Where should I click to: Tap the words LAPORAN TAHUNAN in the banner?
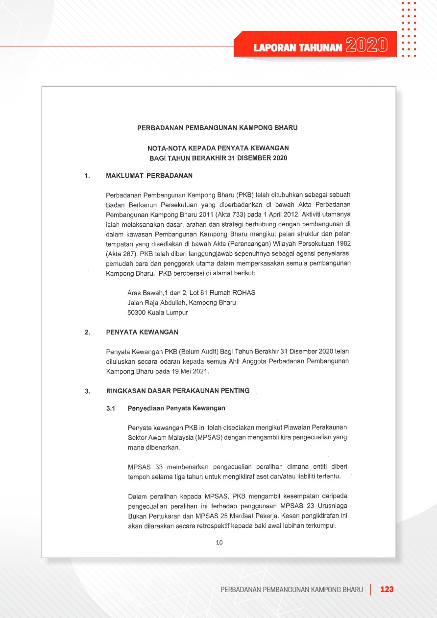[x=298, y=47]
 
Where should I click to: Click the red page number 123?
[x=387, y=589]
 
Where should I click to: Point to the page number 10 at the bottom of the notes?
[x=219, y=542]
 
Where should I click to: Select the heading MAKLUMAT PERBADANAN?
[x=149, y=176]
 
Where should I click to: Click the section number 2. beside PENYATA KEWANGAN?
[x=87, y=333]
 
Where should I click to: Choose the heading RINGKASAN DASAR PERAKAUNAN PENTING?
[x=178, y=391]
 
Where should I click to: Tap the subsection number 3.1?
[x=111, y=408]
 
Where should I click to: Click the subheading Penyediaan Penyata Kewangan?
[x=176, y=408]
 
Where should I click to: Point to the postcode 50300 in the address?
[x=137, y=312]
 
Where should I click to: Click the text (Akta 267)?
[x=121, y=254]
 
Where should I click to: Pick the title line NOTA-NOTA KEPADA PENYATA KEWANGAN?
[x=218, y=147]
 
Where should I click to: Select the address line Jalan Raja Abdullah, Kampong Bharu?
[x=181, y=303]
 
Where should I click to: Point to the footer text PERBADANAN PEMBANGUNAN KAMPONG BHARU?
[x=292, y=589]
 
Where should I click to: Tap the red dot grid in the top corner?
[x=409, y=29]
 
